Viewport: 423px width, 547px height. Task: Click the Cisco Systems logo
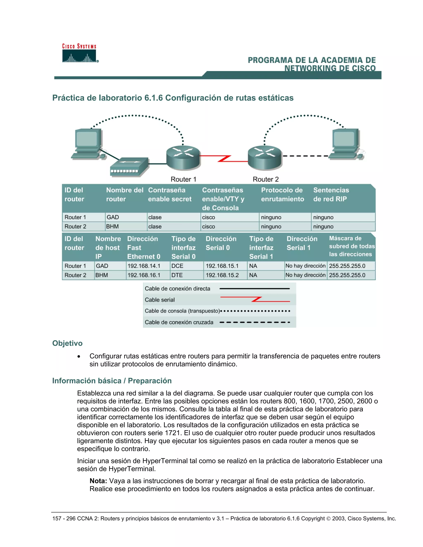tap(80, 53)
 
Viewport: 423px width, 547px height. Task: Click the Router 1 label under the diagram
tap(183, 179)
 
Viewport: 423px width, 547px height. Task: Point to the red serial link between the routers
tap(224, 159)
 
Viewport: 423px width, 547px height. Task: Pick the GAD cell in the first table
tap(113, 217)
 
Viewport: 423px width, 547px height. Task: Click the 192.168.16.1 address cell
tap(144, 275)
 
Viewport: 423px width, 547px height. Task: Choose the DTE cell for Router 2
tap(177, 275)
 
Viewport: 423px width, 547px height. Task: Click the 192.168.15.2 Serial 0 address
tap(222, 275)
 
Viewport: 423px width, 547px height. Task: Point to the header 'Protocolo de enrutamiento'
tap(282, 195)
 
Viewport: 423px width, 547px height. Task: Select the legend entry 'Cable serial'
tap(160, 300)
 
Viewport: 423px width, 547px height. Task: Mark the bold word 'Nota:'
tap(98, 481)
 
